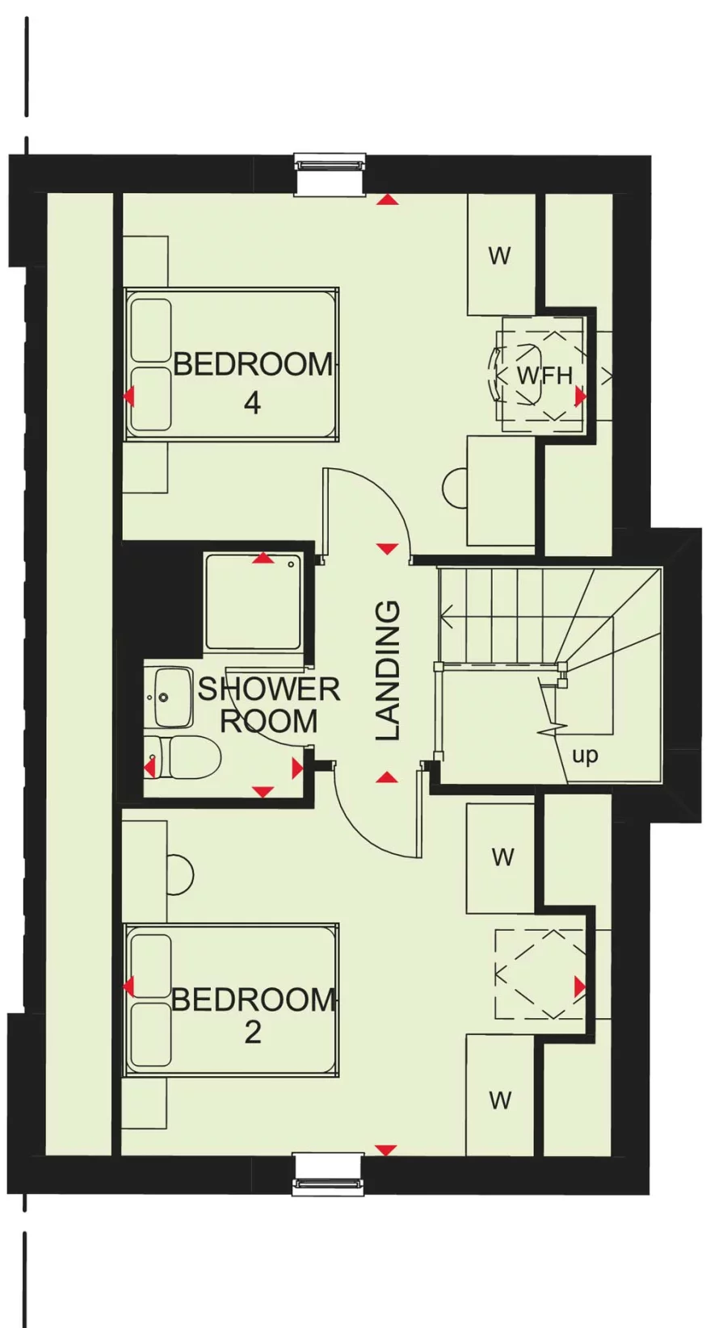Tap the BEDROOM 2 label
252,1014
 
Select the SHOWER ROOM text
268,705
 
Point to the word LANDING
388,670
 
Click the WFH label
544,375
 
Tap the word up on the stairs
585,756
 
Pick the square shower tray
253,602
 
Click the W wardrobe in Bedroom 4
500,255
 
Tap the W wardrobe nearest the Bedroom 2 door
502,857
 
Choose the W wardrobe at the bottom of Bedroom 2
500,1100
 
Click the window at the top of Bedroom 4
330,174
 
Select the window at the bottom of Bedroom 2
328,1175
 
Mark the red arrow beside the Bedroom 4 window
388,199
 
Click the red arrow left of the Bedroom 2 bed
128,986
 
